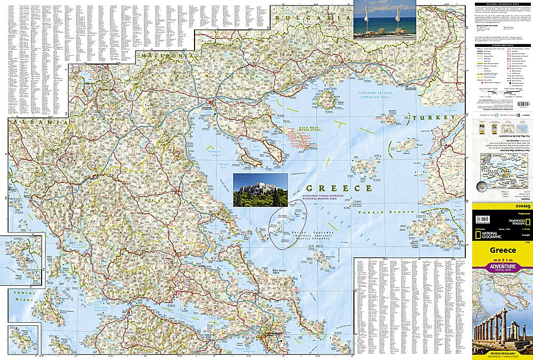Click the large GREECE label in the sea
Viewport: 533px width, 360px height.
point(339,188)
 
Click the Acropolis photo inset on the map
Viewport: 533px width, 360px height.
point(260,189)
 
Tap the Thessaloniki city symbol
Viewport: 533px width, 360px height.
point(212,102)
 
